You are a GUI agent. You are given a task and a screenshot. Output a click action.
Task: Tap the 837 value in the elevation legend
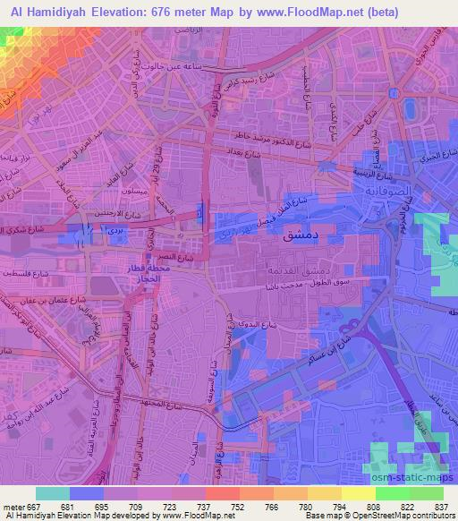click(x=441, y=506)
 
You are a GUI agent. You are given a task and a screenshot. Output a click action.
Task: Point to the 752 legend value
click(x=215, y=506)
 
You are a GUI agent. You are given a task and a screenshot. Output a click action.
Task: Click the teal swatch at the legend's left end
click(x=52, y=493)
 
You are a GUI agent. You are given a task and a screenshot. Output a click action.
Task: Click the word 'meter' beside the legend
click(x=11, y=506)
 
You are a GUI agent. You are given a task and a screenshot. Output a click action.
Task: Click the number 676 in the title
click(x=170, y=12)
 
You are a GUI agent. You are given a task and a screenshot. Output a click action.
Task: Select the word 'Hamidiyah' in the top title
click(x=52, y=12)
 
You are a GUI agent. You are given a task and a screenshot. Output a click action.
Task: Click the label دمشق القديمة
click(x=291, y=269)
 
